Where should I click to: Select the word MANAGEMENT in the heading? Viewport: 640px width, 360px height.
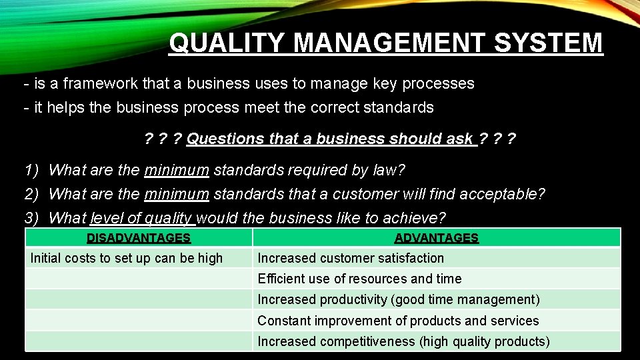pyautogui.click(x=393, y=43)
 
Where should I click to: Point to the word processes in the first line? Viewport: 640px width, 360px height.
pyautogui.click(x=441, y=83)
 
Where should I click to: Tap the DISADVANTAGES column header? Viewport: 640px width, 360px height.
pyautogui.click(x=139, y=238)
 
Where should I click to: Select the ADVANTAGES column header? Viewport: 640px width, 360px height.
pyautogui.click(x=437, y=238)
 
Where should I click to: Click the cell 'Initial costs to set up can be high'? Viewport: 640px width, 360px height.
pyautogui.click(x=127, y=258)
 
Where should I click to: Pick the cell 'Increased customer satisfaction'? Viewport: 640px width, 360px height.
pyautogui.click(x=351, y=258)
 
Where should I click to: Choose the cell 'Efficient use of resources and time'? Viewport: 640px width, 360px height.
pyautogui.click(x=359, y=279)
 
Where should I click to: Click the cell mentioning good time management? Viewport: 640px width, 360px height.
pyautogui.click(x=399, y=299)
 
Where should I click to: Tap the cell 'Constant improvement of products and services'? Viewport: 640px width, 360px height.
pyautogui.click(x=398, y=321)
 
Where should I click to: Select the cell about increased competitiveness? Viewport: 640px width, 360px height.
pyautogui.click(x=403, y=341)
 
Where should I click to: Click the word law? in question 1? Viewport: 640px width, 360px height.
pyautogui.click(x=389, y=171)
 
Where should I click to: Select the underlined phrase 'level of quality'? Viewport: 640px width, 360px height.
pyautogui.click(x=141, y=218)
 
